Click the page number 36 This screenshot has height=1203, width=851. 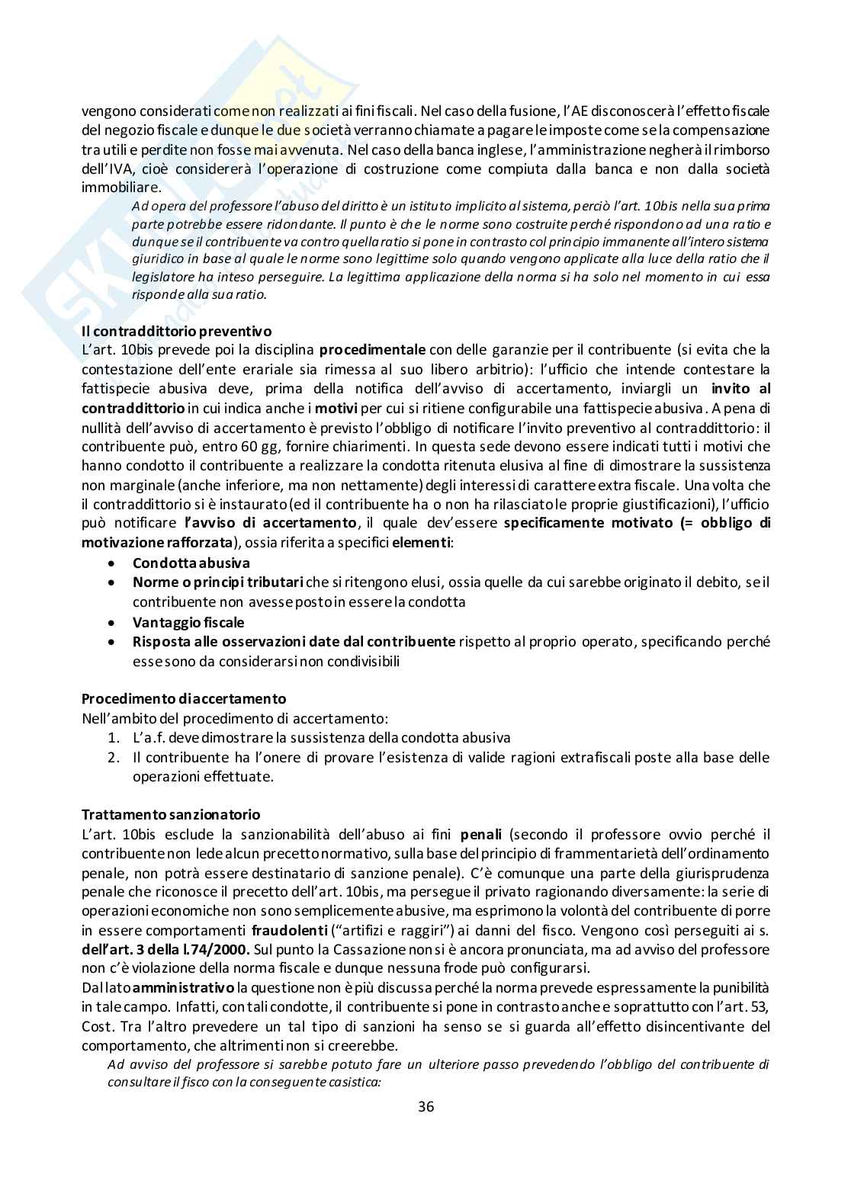pos(425,1107)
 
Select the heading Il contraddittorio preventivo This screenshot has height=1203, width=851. pos(176,332)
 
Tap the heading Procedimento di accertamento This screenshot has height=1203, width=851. pos(184,698)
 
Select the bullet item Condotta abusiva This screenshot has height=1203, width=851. pos(191,563)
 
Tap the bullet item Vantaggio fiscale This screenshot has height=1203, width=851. pos(188,621)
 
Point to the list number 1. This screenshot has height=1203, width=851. pos(113,738)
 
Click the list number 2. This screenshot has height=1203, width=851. pos(113,757)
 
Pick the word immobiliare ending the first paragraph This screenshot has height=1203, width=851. pos(121,187)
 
